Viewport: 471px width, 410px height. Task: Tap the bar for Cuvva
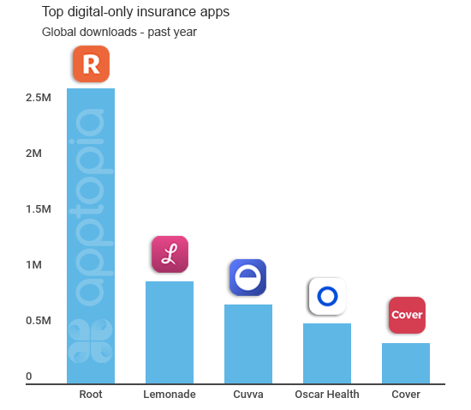coord(248,343)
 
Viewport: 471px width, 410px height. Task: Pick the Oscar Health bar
coord(327,353)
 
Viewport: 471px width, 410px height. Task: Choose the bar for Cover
coord(406,363)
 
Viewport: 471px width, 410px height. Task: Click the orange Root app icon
coord(91,63)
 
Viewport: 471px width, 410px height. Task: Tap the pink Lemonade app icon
coord(170,254)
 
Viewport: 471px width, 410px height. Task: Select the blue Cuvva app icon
coord(247,277)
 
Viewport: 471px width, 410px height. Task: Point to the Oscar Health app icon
coord(326,296)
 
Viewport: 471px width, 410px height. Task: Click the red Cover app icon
coord(406,315)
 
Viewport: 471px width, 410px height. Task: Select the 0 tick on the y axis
coord(29,377)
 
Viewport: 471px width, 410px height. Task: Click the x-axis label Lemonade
coord(170,395)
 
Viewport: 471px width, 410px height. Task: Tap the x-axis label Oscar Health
coord(327,395)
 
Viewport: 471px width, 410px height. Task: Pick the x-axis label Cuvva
coord(248,395)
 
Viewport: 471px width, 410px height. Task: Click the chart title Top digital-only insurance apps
coord(136,14)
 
